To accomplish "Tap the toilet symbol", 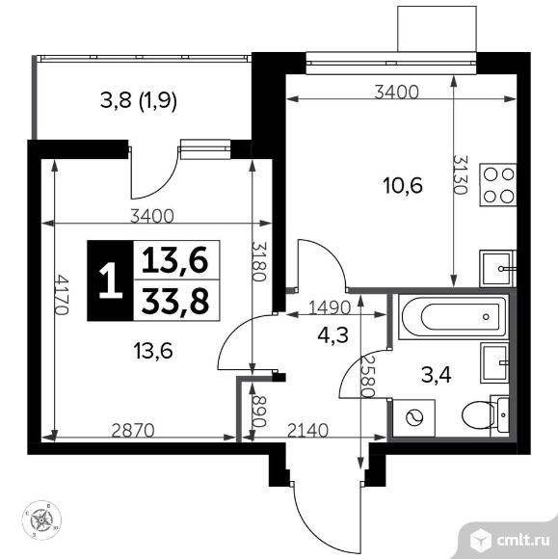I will tap(480, 416).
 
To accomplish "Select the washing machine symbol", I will tap(414, 417).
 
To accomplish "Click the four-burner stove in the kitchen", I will tap(499, 184).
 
